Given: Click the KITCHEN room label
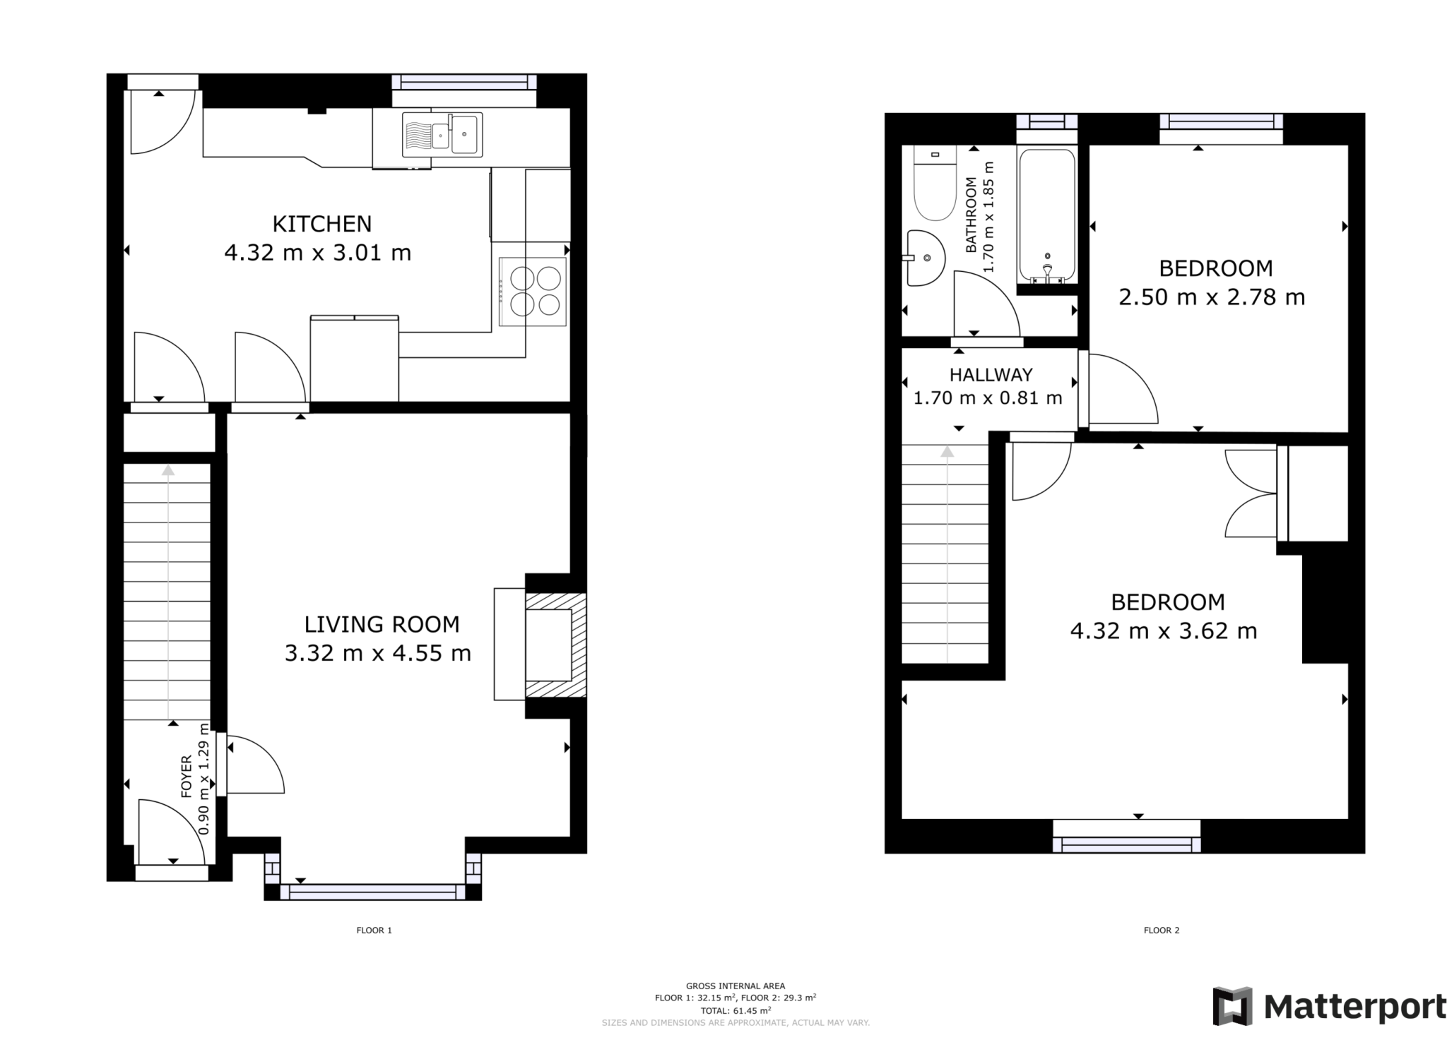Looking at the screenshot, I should pos(321,224).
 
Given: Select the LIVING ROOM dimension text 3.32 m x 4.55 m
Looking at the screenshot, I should pos(377,653).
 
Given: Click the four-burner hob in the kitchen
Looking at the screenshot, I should pos(532,292).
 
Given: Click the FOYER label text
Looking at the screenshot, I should pos(187,776).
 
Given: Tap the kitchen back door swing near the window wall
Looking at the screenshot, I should pos(160,121).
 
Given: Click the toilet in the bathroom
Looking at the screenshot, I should pos(934,184).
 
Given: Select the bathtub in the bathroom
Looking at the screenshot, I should pos(1046,215).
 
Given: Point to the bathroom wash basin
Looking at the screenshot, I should pos(926,258).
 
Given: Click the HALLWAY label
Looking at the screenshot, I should pos(991,375).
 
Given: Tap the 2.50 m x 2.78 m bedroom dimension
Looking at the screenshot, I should pos(1211,297).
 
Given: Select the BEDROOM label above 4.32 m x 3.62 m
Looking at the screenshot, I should pos(1167,602).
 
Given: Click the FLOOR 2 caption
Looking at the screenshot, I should pos(1161,931).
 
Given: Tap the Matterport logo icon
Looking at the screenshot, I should pos(1232,1006).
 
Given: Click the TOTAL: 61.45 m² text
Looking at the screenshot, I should pos(735,1010).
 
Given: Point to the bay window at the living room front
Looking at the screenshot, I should pos(372,892).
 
